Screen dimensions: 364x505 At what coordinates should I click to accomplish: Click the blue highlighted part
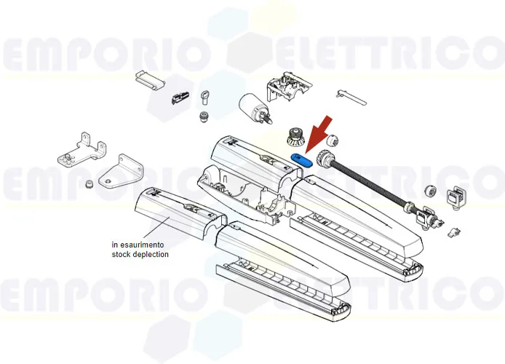pyautogui.click(x=301, y=158)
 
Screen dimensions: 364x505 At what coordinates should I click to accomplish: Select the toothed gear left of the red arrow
pyautogui.click(x=295, y=135)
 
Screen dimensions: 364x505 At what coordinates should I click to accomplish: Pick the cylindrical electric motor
pyautogui.click(x=252, y=107)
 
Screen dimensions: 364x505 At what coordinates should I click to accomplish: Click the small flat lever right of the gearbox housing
pyautogui.click(x=350, y=95)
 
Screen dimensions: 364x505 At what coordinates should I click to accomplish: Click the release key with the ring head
pyautogui.click(x=206, y=94)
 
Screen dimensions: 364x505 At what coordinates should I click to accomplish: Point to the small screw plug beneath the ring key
pyautogui.click(x=204, y=116)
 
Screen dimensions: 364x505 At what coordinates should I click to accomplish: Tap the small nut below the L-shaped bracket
pyautogui.click(x=89, y=183)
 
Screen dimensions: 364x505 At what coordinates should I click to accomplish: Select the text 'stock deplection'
pyautogui.click(x=140, y=255)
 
